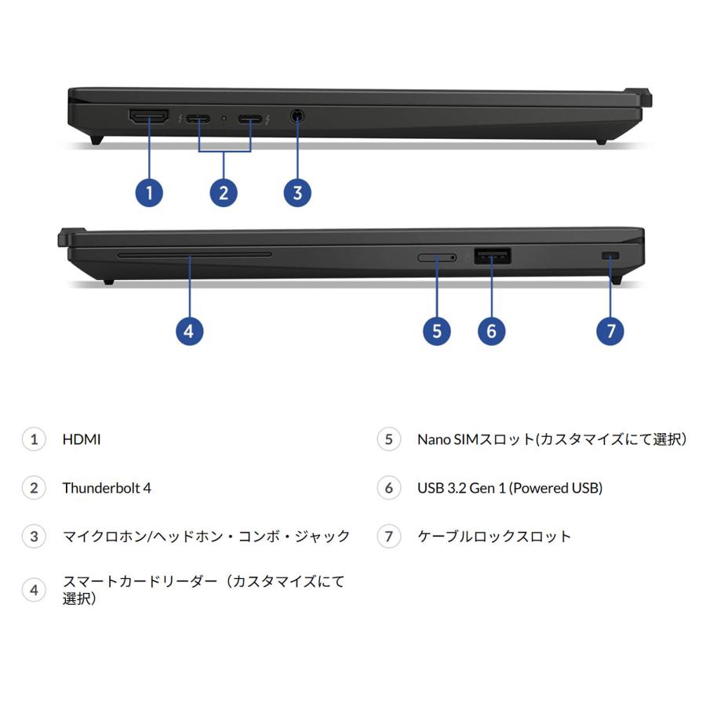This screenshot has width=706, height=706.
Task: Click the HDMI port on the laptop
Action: click(x=148, y=118)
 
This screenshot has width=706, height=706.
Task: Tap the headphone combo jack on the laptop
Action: click(x=297, y=117)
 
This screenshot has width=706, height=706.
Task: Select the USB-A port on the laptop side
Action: click(x=493, y=256)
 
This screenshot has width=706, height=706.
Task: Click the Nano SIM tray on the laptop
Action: click(x=437, y=257)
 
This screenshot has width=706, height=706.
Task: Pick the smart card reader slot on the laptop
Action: click(x=194, y=254)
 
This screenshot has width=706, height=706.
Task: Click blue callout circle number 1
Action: click(x=149, y=192)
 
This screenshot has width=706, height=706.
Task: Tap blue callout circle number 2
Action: click(x=224, y=192)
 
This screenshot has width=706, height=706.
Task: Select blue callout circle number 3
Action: click(x=297, y=192)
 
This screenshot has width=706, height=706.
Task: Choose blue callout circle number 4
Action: click(x=188, y=330)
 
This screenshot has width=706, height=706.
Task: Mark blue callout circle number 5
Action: click(x=437, y=330)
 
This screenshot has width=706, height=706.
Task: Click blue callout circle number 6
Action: click(x=492, y=330)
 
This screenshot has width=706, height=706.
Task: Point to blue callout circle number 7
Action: click(x=610, y=330)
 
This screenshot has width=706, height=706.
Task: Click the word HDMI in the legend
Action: click(x=82, y=439)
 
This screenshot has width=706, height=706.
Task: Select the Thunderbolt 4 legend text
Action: click(x=107, y=488)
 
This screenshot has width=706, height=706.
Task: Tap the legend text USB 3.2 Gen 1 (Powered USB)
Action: click(x=510, y=488)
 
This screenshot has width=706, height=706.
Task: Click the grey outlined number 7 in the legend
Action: click(x=388, y=537)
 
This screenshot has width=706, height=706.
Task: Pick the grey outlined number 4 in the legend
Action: click(x=34, y=589)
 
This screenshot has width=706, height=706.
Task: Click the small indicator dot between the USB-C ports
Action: click(x=224, y=119)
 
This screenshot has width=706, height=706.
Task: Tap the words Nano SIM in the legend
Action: click(x=442, y=439)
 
